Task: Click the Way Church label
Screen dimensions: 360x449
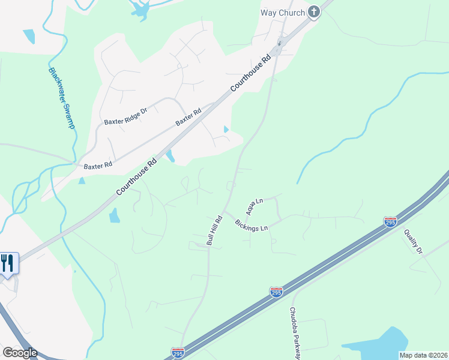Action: pos(282,12)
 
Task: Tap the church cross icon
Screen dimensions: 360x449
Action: pos(314,11)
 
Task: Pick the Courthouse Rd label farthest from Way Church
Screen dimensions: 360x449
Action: pos(137,176)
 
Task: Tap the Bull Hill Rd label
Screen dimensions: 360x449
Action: pos(214,230)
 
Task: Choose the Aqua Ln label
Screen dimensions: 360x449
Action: pos(255,207)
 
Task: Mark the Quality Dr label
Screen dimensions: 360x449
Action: pos(413,242)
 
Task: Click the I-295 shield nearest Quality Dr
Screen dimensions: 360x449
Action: pos(390,222)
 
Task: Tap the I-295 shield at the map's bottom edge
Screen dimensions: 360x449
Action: pos(177,353)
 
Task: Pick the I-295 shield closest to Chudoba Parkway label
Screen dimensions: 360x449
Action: pos(276,292)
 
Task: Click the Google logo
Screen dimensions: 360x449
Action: pos(20,353)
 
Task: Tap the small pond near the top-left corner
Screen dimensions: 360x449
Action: pos(28,37)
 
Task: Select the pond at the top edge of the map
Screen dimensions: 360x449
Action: pos(140,8)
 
